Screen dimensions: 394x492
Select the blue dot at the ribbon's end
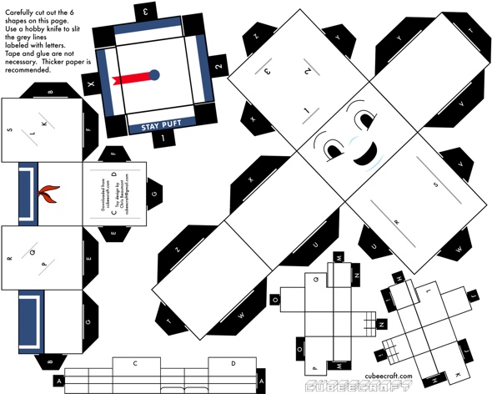[x=154, y=75]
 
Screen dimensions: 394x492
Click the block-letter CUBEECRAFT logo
[x=359, y=386]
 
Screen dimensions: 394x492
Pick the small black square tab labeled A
[x=59, y=381]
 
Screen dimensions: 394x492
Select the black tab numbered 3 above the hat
[x=148, y=12]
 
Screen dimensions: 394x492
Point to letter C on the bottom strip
[x=133, y=364]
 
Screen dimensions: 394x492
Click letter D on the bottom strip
[x=233, y=363]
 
